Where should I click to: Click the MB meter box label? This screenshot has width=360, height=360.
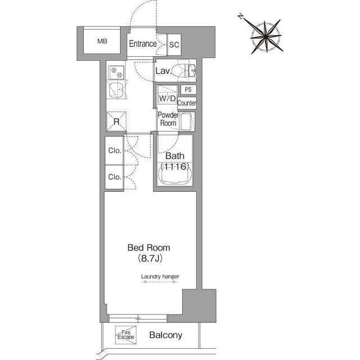pos(102,41)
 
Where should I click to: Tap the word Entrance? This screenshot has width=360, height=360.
pos(143,44)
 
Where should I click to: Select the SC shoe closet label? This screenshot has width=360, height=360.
pos(174,44)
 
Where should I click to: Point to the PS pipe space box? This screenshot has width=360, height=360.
pos(188,89)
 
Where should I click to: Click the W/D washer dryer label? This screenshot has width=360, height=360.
pos(168,98)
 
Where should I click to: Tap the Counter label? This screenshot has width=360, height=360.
pos(187,103)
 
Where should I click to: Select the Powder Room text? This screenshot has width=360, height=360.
pos(168,119)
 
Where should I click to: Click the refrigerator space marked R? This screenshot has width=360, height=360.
pos(116,121)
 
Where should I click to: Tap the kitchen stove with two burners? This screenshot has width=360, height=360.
pos(116,72)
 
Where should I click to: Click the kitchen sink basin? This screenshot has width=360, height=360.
pos(116,90)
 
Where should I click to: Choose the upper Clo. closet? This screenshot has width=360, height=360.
pos(114,151)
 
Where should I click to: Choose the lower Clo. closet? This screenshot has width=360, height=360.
pos(114,177)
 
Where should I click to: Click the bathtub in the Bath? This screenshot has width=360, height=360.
pos(175,174)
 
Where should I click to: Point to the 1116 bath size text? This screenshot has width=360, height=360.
pos(175,166)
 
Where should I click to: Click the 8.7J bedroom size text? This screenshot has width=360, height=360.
pos(150,259)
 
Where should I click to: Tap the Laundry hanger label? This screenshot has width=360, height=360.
pos(160,276)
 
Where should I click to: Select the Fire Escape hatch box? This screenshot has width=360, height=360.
pos(126,335)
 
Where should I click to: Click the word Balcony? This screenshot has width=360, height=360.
pos(166,335)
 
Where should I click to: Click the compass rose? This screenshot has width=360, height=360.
pos(266,37)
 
